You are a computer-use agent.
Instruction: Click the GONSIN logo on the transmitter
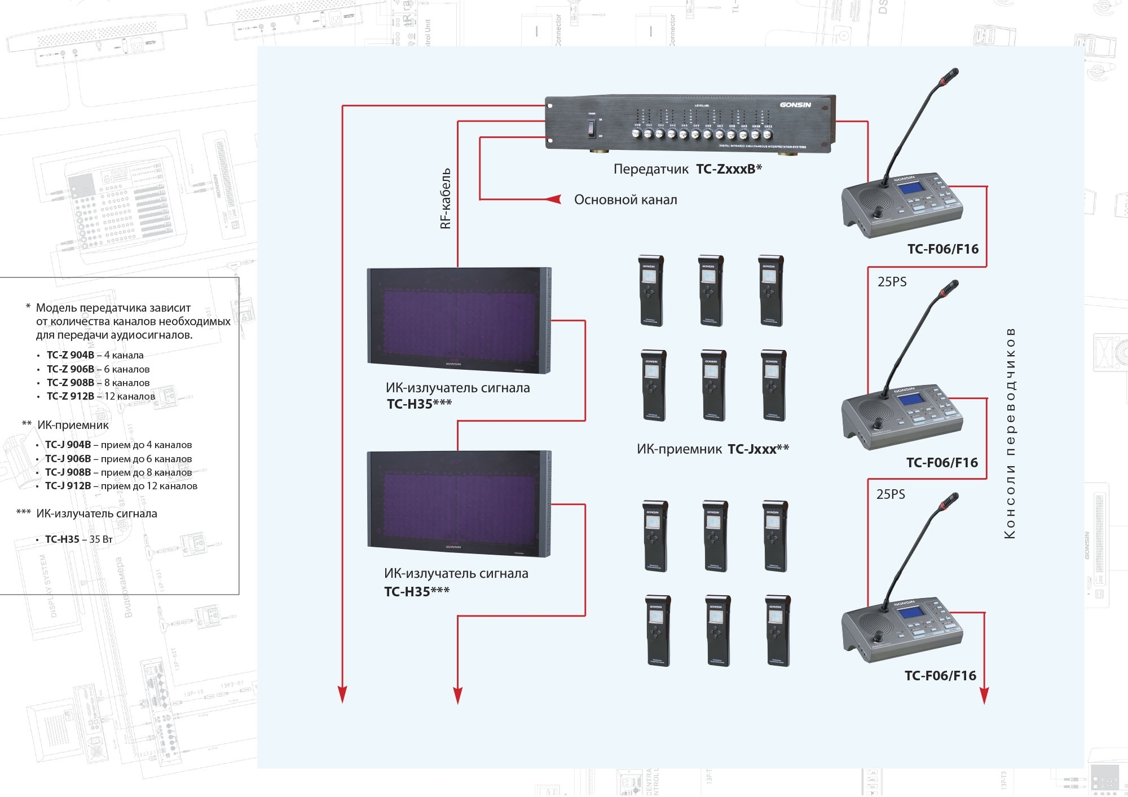(795, 105)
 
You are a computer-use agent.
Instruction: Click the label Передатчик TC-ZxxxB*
(688, 169)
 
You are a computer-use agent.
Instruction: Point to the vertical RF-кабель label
(446, 198)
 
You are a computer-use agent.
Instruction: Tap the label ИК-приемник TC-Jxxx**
(712, 449)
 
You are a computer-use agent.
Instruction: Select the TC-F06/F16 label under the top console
(942, 249)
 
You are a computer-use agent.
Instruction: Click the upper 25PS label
(892, 282)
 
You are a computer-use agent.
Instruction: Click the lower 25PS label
(891, 494)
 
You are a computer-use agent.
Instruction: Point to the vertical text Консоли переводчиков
(1010, 433)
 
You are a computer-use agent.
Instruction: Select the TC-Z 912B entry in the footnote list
(100, 396)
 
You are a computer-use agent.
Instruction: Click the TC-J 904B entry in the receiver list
(118, 445)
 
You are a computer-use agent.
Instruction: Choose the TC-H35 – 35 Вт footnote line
(79, 539)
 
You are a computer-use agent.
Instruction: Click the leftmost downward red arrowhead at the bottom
(342, 694)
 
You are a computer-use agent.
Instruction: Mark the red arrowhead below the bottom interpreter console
(984, 696)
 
